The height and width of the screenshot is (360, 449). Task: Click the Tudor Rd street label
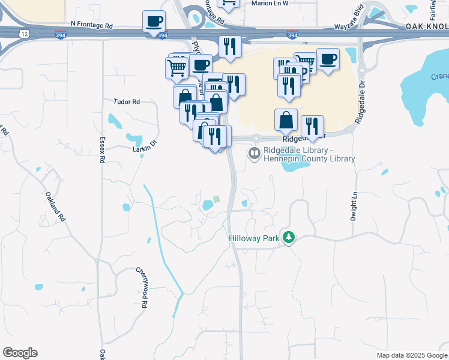pyautogui.click(x=127, y=102)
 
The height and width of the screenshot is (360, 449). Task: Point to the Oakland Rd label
pyautogui.click(x=55, y=207)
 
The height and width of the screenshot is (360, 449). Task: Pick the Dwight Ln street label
pyautogui.click(x=354, y=205)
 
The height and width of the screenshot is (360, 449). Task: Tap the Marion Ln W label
pyautogui.click(x=270, y=3)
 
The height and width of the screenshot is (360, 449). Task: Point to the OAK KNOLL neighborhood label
pyautogui.click(x=427, y=27)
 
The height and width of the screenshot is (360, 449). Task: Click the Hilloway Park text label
pyautogui.click(x=255, y=238)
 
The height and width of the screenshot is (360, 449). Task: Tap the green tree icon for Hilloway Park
pyautogui.click(x=289, y=238)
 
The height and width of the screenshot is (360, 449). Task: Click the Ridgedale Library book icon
pyautogui.click(x=255, y=154)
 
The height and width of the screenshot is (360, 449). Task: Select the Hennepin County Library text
pyautogui.click(x=309, y=159)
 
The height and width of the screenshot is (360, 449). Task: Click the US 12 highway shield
pyautogui.click(x=22, y=34)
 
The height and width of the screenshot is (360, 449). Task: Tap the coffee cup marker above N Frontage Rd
pyautogui.click(x=154, y=22)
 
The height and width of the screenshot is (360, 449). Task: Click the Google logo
pyautogui.click(x=20, y=353)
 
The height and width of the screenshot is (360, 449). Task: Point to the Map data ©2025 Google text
pyautogui.click(x=411, y=355)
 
